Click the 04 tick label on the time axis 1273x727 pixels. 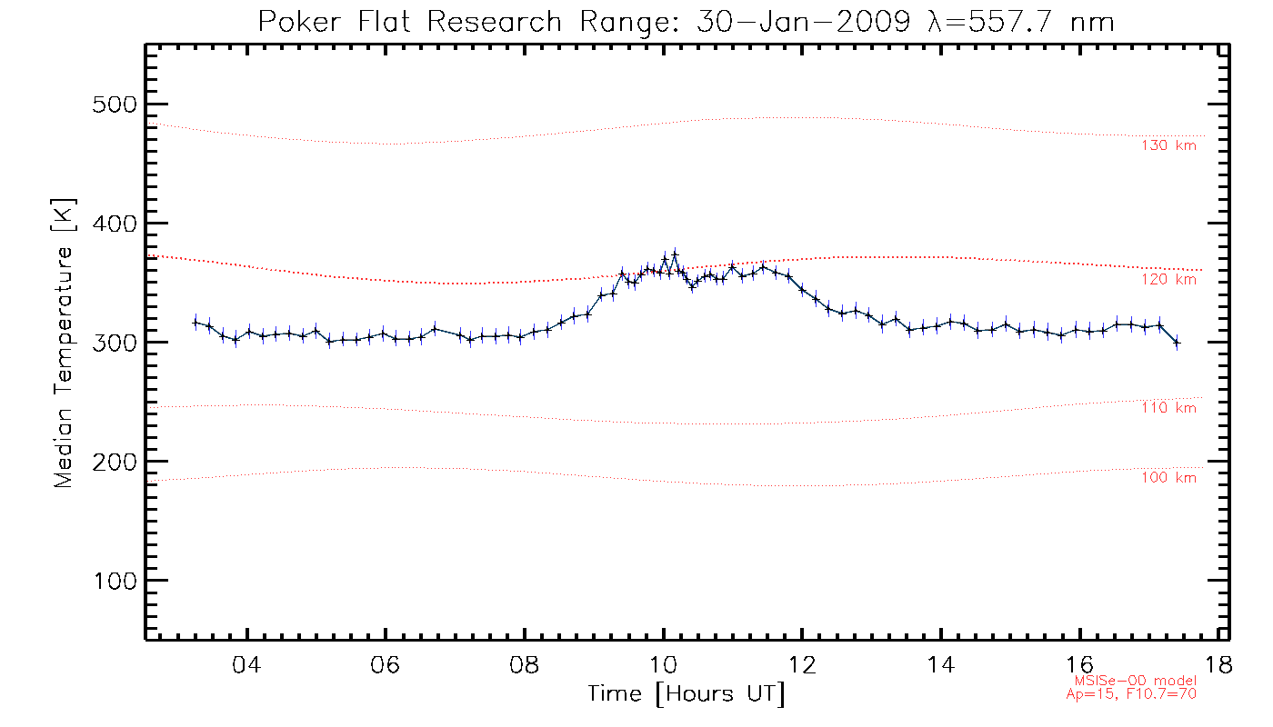(247, 664)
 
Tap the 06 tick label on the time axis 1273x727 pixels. (386, 664)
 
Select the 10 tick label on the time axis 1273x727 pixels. (664, 664)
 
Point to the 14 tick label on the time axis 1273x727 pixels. (942, 664)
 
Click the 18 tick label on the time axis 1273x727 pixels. (1218, 664)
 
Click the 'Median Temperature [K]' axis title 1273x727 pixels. (63, 343)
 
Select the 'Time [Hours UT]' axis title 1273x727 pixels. (687, 694)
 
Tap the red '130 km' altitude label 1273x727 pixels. (1168, 145)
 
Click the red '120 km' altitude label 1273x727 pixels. (1168, 280)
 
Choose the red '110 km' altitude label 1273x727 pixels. (1168, 408)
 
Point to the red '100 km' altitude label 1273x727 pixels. (1168, 478)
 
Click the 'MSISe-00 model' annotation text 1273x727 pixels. (1135, 681)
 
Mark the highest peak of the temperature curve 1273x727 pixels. (675, 253)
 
